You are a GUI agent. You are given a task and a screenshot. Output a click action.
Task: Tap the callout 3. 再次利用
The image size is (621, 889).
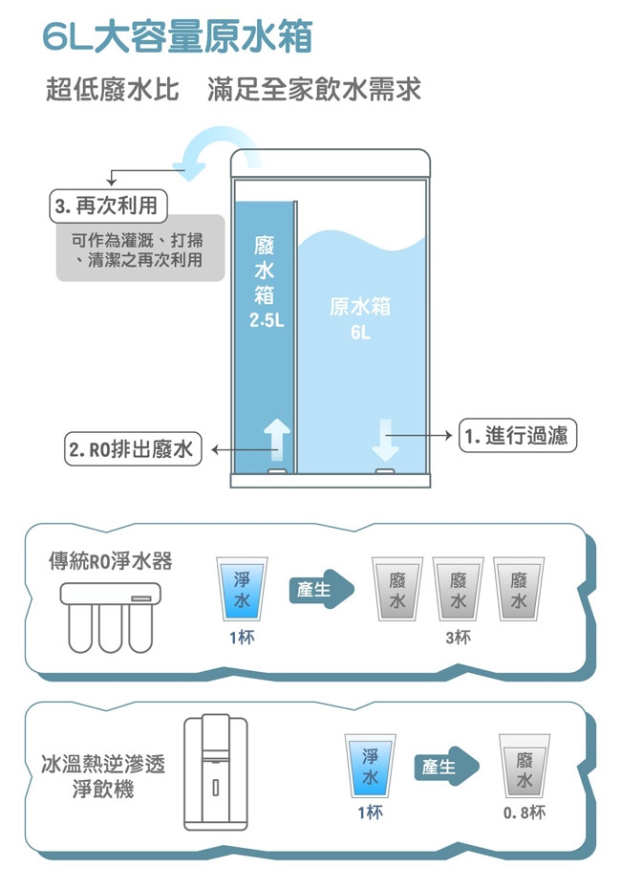click(108, 206)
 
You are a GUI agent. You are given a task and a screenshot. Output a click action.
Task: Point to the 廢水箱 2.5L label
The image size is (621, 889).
click(266, 282)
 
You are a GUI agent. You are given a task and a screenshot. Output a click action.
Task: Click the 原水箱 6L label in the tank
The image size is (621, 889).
click(359, 319)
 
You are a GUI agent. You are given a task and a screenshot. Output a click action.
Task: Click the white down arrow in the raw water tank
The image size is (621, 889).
click(386, 439)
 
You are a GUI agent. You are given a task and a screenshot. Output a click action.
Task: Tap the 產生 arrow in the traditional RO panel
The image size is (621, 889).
click(321, 589)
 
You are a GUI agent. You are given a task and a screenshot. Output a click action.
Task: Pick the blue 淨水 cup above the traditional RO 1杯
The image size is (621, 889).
click(241, 588)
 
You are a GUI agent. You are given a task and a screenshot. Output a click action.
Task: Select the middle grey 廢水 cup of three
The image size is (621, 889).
click(459, 588)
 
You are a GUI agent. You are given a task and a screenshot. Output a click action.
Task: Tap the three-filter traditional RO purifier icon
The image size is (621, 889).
click(107, 613)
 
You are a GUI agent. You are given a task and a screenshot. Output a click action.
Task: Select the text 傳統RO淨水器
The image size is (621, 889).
click(111, 559)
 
